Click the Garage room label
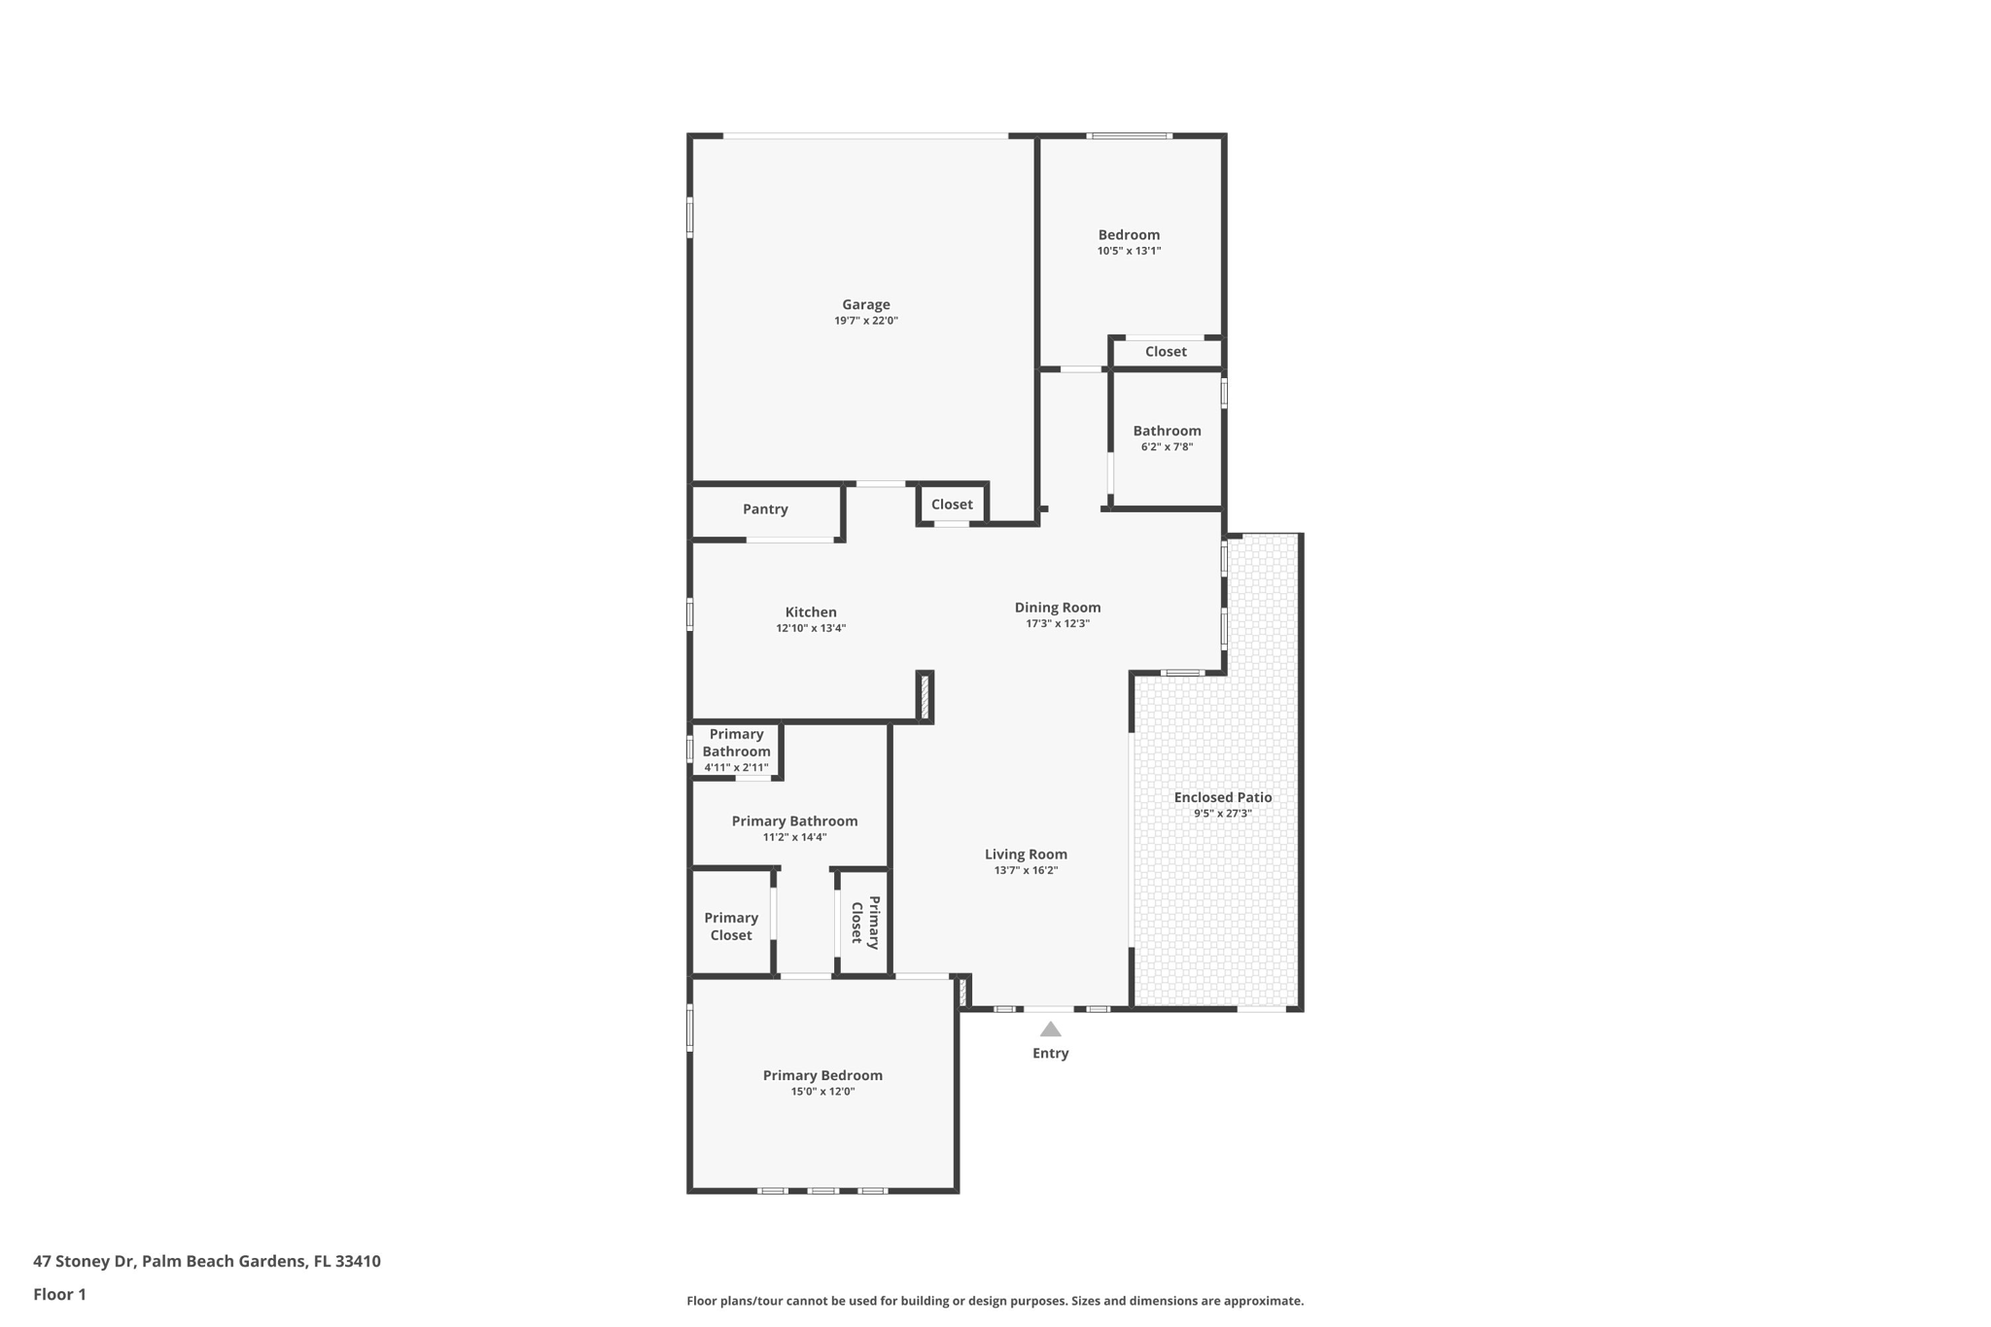coord(865,304)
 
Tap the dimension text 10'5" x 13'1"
coord(1129,251)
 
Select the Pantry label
coord(765,509)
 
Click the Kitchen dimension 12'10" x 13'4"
coord(811,628)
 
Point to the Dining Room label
coord(1058,608)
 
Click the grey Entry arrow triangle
coord(1050,1030)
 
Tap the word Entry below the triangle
coord(1050,1053)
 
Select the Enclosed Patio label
coord(1222,797)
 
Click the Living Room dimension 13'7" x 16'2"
coord(1026,870)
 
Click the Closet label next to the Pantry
coord(951,505)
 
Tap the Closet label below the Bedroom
coord(1165,352)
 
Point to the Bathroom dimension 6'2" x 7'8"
coord(1167,447)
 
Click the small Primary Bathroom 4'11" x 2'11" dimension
coord(736,768)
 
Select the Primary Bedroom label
coord(822,1075)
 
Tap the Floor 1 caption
coord(59,1294)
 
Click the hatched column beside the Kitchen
coord(926,696)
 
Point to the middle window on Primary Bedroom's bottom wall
coord(822,1190)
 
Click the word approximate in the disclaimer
coord(1263,1301)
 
